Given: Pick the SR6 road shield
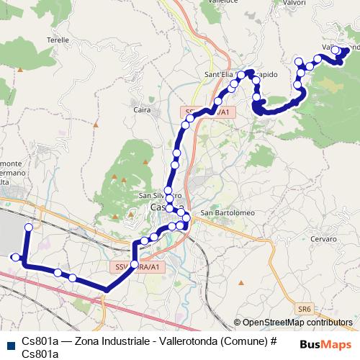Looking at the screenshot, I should pos(304,307).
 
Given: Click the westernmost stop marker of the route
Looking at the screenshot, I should pos(14,256).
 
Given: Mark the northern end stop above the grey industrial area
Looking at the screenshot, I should pos(29,228).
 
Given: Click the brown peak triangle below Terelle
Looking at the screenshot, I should pos(22,70).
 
